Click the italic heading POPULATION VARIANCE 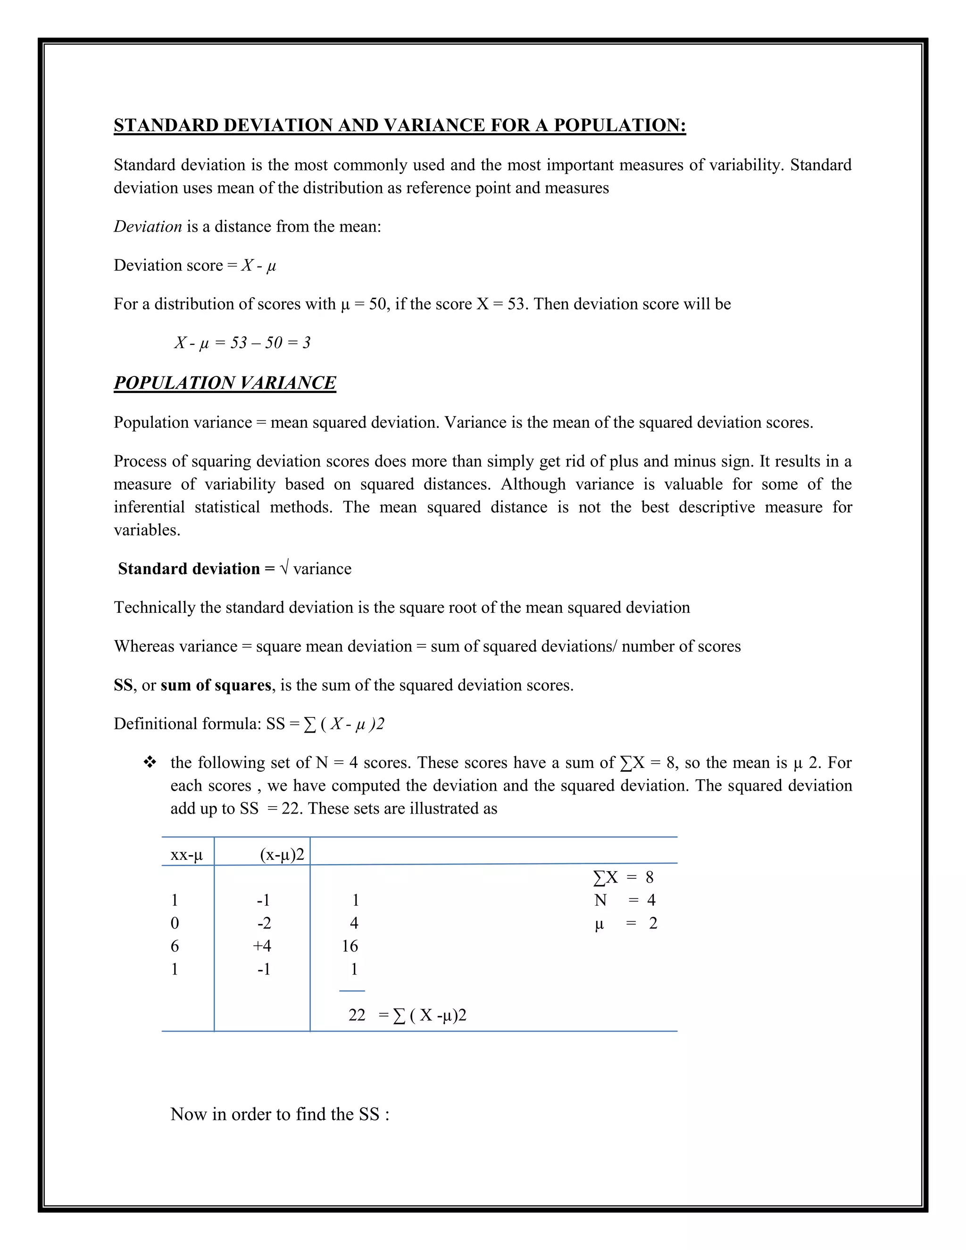click(225, 383)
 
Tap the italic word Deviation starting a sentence click(148, 226)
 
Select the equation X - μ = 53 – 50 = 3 click(242, 343)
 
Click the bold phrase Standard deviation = click(196, 569)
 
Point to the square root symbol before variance click(284, 568)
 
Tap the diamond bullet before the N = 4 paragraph click(150, 762)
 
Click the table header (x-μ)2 click(282, 855)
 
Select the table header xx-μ click(187, 855)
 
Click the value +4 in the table click(262, 946)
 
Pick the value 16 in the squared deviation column click(350, 946)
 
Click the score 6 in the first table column click(175, 946)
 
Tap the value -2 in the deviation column click(264, 923)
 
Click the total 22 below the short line click(357, 1015)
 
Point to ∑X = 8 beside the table click(623, 877)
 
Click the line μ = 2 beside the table click(625, 923)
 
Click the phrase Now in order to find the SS click(280, 1114)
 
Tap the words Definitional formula click(187, 724)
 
